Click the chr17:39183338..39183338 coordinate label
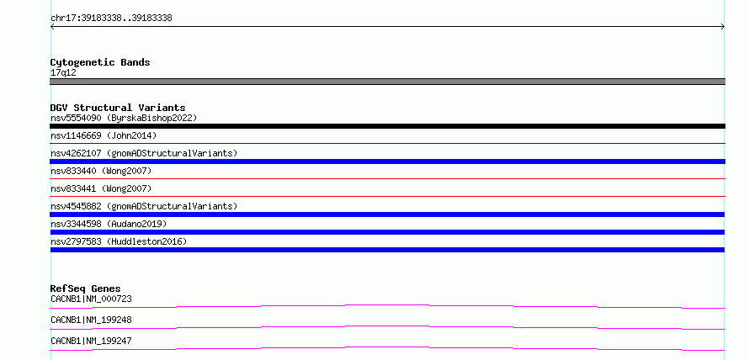click(x=111, y=19)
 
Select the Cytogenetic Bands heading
click(x=100, y=62)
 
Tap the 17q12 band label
click(x=63, y=73)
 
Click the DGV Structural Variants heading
click(x=118, y=108)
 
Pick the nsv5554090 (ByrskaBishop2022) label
click(x=124, y=118)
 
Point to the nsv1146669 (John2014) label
click(x=104, y=135)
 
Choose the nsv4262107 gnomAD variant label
click(x=144, y=153)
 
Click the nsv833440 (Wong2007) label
click(x=101, y=171)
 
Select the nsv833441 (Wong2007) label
click(x=101, y=188)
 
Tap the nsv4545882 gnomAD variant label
click(x=144, y=206)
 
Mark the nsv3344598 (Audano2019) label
click(x=109, y=224)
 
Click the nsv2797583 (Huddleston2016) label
click(x=119, y=241)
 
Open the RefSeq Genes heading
click(x=86, y=289)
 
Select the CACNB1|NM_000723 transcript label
click(x=91, y=299)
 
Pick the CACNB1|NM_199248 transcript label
click(x=91, y=320)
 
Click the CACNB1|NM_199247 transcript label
click(x=91, y=341)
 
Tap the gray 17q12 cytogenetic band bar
click(x=387, y=82)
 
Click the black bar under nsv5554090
click(x=387, y=126)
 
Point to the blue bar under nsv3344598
click(x=387, y=232)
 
